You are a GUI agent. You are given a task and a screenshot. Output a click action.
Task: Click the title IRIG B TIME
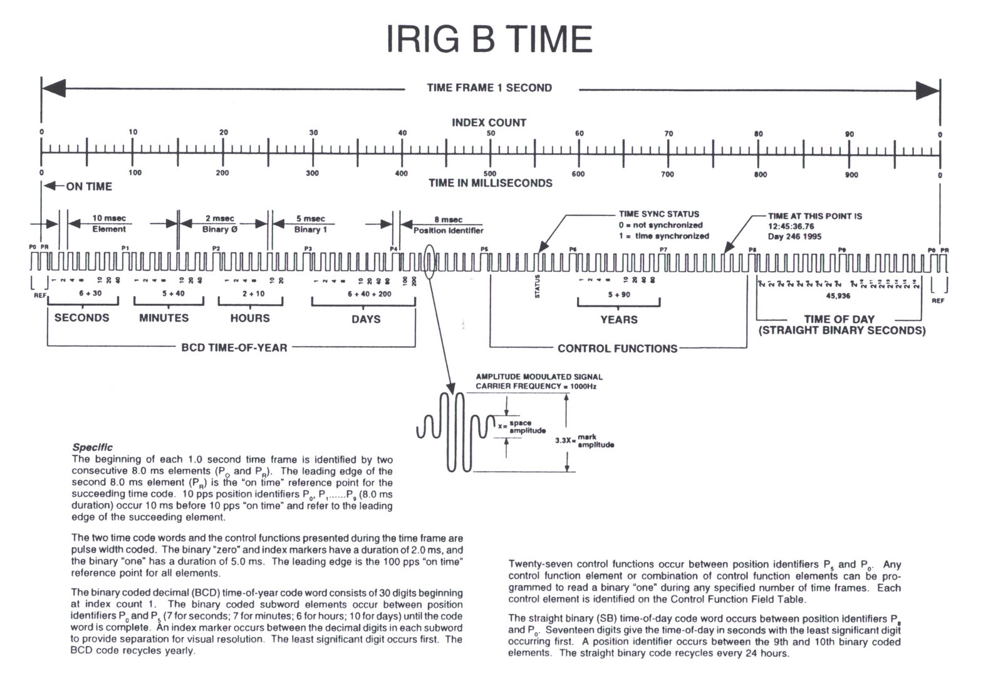[x=489, y=39]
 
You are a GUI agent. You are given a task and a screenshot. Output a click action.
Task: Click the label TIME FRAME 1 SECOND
[x=489, y=88]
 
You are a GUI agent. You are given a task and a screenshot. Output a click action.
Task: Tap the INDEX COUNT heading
[x=489, y=123]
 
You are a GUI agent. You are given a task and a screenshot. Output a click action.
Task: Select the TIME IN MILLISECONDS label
[x=491, y=183]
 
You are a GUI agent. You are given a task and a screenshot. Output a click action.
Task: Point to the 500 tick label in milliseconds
[x=490, y=174]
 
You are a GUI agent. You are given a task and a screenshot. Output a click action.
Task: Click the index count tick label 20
[x=224, y=132]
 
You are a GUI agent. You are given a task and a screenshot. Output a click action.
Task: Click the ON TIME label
[x=89, y=186]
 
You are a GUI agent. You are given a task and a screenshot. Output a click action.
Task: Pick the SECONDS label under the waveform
[x=81, y=318]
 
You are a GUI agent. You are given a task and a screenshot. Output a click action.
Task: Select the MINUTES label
[x=164, y=318]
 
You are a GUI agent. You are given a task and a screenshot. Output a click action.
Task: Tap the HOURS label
[x=250, y=318]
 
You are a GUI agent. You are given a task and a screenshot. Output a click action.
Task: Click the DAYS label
[x=366, y=319]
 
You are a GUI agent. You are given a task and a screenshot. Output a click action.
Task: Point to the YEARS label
[x=618, y=320]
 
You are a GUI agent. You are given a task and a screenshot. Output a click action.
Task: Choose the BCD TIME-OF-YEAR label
[x=234, y=347]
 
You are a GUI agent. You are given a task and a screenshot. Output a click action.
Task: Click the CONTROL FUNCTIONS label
[x=617, y=349]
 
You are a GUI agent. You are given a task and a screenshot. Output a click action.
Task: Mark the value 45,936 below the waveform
[x=838, y=295]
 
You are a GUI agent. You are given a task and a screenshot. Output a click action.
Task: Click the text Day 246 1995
[x=794, y=236]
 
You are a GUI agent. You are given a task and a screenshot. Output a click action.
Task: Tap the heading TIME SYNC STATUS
[x=659, y=214]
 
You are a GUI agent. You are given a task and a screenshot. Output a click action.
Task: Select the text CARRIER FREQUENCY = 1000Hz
[x=536, y=386]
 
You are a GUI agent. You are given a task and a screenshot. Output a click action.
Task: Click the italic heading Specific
[x=93, y=447]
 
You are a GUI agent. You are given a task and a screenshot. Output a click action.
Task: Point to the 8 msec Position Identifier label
[x=448, y=225]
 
